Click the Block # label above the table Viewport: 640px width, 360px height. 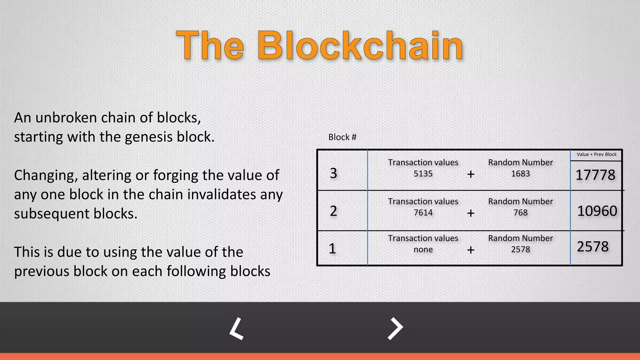click(342, 137)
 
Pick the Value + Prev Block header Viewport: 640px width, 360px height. click(596, 154)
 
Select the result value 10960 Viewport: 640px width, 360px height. click(597, 211)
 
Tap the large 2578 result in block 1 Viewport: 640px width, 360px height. click(592, 247)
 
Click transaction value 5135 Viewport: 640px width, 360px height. click(423, 174)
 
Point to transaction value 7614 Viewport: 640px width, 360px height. click(423, 213)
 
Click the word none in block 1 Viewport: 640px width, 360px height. click(423, 250)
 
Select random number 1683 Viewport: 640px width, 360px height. click(520, 174)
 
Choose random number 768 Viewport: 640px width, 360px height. click(520, 213)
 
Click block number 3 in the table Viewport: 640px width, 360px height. click(333, 173)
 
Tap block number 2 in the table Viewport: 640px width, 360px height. click(333, 211)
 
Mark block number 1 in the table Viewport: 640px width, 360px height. click(332, 249)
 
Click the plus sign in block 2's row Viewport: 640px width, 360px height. click(471, 213)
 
